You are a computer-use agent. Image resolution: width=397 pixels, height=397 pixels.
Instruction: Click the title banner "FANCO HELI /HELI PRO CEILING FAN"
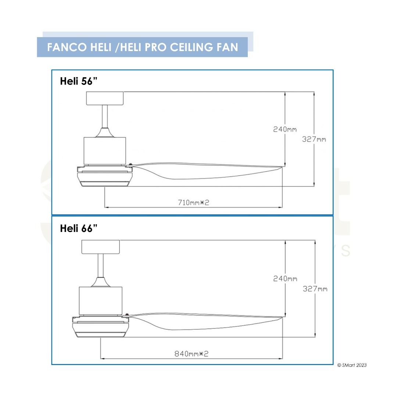(143, 47)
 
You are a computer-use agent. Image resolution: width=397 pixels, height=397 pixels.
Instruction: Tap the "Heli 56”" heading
(79, 82)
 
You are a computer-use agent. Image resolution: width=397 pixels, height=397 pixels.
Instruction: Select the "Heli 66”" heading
(79, 229)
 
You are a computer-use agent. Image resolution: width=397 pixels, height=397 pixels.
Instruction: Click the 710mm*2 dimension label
(193, 202)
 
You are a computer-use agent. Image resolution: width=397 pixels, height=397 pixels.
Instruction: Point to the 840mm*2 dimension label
(191, 354)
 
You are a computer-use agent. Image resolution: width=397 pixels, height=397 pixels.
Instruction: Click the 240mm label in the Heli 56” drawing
(285, 129)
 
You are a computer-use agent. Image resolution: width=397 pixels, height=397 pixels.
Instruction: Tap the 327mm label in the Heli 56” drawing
(314, 139)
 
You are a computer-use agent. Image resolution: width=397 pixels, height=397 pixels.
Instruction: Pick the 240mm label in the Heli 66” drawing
(285, 279)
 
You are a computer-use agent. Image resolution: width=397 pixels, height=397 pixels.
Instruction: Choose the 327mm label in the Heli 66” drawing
(315, 289)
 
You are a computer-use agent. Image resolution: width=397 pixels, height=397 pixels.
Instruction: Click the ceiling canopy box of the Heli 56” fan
(105, 99)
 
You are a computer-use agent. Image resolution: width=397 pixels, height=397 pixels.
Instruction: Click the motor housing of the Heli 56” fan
(105, 150)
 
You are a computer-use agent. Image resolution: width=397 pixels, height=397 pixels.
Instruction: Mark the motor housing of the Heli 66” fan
(100, 300)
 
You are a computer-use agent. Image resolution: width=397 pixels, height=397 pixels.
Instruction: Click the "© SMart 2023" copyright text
(352, 365)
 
